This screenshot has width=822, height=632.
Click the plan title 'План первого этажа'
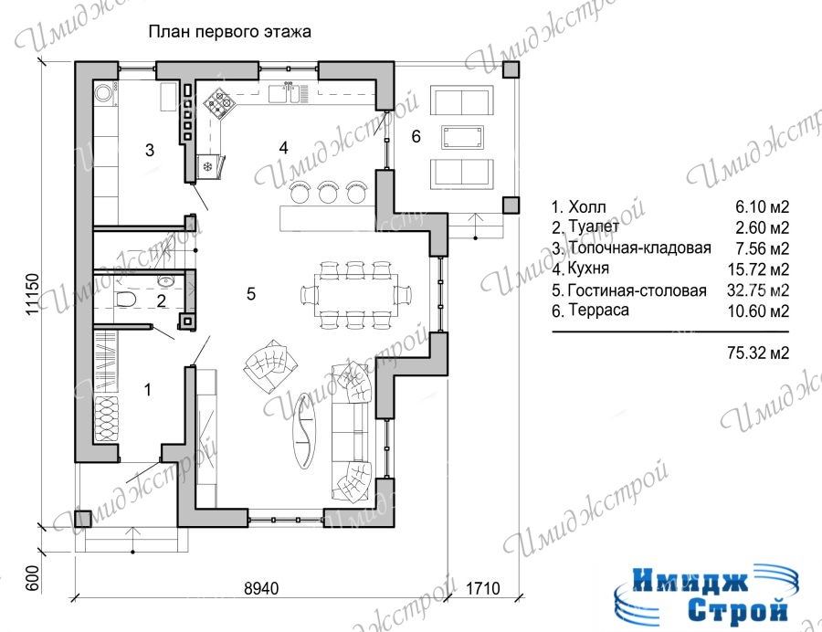229,32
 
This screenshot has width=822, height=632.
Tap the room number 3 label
150,151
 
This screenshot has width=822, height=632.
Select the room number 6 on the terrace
416,136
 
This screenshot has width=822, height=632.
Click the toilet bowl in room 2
126,300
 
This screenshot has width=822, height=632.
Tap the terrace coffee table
462,137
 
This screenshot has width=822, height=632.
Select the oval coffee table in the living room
304,430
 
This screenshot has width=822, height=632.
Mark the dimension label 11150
33,293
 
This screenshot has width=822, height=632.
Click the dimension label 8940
261,588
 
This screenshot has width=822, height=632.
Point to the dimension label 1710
483,588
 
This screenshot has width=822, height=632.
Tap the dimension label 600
33,578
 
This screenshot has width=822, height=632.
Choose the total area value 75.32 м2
758,353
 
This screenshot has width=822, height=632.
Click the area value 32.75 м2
758,290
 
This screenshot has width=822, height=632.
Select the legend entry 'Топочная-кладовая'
639,248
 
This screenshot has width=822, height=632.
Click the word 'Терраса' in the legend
598,310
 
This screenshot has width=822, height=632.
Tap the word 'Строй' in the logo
739,610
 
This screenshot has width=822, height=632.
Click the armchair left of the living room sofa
270,366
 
